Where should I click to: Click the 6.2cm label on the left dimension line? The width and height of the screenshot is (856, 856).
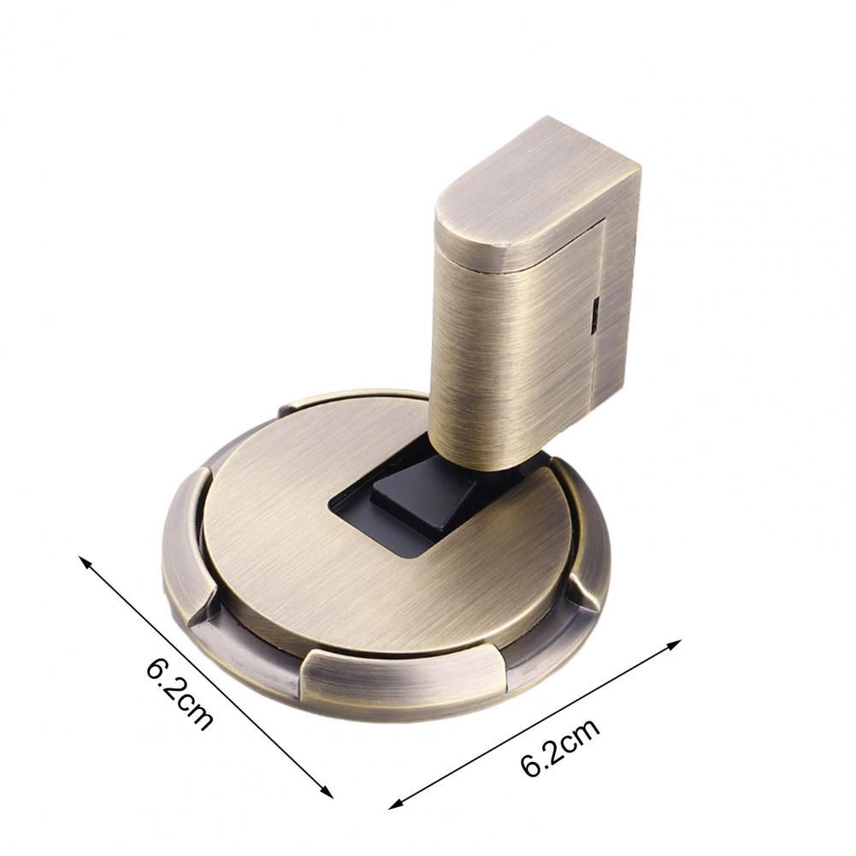[179, 692]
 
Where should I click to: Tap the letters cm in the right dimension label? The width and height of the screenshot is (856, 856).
[581, 736]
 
